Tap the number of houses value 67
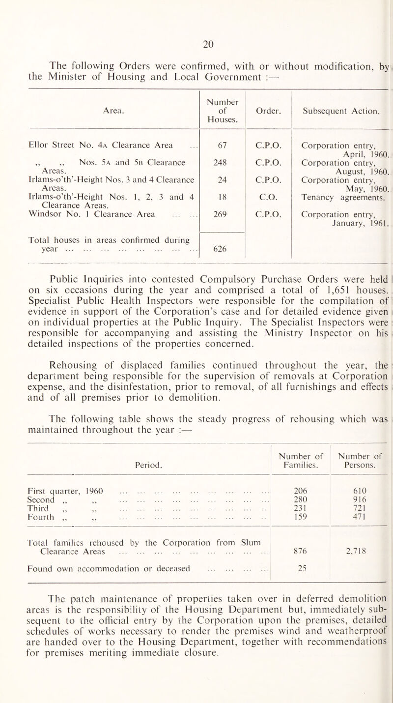coord(221,145)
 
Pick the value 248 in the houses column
coord(221,160)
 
